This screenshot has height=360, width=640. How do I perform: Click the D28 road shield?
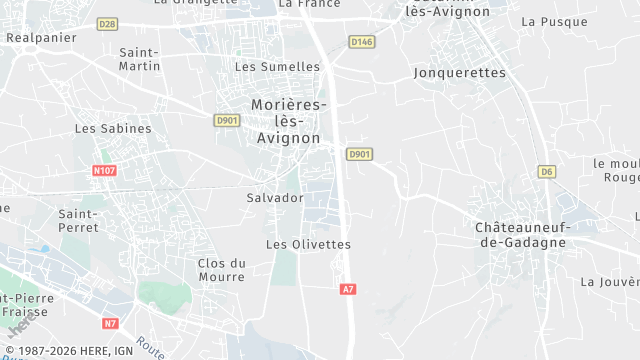108,22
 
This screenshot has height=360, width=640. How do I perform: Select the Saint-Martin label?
139,58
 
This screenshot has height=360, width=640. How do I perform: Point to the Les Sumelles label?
277,67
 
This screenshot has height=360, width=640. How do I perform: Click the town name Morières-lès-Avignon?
287,121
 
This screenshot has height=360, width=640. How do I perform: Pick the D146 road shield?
361,41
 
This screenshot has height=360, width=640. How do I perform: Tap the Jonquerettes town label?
456,73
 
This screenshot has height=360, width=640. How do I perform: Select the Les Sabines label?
113,129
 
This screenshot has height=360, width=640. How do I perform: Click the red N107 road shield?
104,170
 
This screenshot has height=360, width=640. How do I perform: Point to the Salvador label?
274,198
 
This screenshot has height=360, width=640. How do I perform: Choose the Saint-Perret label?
78,220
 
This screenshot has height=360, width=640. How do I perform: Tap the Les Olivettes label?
308,244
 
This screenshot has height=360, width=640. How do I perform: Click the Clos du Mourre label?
222,271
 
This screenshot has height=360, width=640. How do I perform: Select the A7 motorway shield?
347,289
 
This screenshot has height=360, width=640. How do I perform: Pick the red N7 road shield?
110,323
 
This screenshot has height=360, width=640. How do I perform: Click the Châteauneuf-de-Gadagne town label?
520,235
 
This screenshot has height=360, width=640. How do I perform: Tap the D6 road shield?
546,171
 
